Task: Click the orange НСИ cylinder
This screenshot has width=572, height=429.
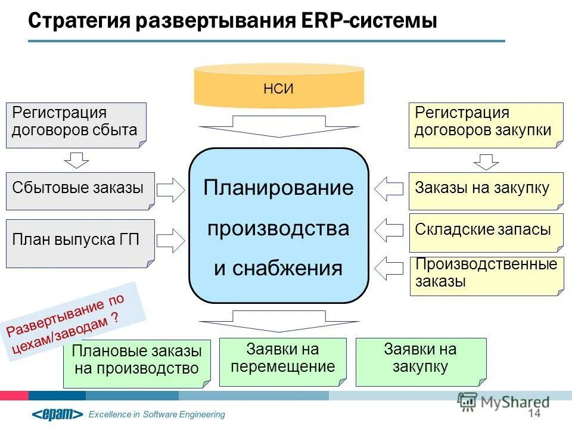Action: coord(279,88)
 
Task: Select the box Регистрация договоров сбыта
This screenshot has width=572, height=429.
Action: coord(76,125)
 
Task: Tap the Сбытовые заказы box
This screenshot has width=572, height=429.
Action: coord(80,191)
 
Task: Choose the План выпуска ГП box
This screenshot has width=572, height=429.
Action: coord(80,243)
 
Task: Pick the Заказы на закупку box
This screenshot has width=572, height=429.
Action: coord(486,191)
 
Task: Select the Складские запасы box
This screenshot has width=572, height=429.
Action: coord(486,231)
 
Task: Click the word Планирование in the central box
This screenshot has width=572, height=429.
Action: coord(278,188)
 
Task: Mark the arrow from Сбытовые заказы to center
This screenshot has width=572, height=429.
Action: coord(172,190)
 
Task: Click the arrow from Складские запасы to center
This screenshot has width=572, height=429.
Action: coord(388,230)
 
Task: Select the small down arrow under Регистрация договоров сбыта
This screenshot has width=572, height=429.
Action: coord(76,160)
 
